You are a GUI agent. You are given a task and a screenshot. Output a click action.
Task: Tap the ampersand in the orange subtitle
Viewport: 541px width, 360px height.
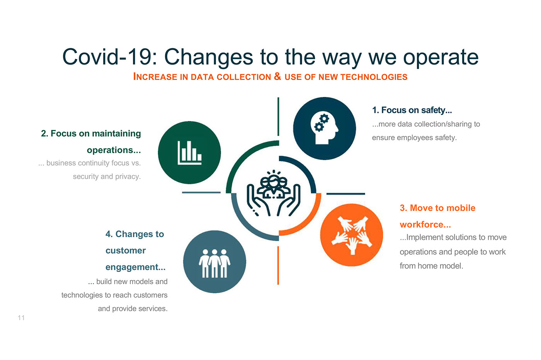(x=277, y=76)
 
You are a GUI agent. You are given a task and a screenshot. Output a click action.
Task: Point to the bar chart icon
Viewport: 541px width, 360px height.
(x=190, y=153)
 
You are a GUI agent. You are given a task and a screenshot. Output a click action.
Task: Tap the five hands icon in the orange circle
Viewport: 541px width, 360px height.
(x=352, y=235)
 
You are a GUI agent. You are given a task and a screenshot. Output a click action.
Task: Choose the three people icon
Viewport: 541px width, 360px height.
(x=214, y=263)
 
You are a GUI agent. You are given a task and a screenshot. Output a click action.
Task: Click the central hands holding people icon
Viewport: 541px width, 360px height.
(x=274, y=193)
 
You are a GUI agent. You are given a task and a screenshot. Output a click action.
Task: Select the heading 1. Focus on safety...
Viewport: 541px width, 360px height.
(x=412, y=110)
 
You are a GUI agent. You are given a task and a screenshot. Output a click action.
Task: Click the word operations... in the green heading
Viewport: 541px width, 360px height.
(x=114, y=150)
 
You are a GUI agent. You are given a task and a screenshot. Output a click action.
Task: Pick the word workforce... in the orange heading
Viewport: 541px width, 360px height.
(x=425, y=224)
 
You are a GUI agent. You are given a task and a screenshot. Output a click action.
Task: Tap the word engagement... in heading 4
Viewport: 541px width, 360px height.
(x=136, y=267)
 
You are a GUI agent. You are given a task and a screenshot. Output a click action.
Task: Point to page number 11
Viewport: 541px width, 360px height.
(x=21, y=318)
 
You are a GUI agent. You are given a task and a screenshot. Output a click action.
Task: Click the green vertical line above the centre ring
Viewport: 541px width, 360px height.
(x=278, y=116)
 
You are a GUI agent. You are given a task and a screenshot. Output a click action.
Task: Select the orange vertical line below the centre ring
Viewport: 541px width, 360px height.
(x=278, y=265)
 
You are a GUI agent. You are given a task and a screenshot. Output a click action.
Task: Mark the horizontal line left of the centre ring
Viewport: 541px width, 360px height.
(x=201, y=192)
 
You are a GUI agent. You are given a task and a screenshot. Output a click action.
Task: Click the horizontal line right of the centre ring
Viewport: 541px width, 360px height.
(x=345, y=194)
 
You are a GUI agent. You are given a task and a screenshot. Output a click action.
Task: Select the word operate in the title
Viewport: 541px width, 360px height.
(x=441, y=58)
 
